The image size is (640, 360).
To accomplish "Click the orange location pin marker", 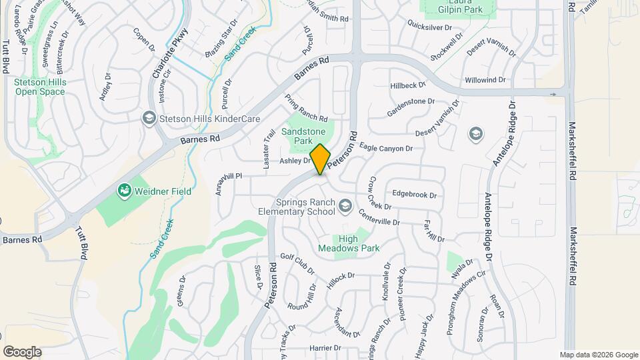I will point(320,159).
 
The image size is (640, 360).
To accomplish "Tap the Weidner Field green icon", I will point(123,191).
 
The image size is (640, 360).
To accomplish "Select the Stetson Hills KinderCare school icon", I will point(149,118).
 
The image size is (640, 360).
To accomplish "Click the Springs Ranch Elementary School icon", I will point(345,205).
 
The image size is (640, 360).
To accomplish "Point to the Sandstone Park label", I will point(303,137).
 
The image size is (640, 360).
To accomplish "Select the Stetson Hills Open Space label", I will point(39,87).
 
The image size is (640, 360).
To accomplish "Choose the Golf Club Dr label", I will point(297,264).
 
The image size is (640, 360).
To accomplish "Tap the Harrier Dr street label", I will point(326,348).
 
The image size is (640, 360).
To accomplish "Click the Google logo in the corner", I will point(22,352).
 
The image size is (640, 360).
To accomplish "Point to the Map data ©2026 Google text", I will point(599,355).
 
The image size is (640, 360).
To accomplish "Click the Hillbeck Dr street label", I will point(408,85).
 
